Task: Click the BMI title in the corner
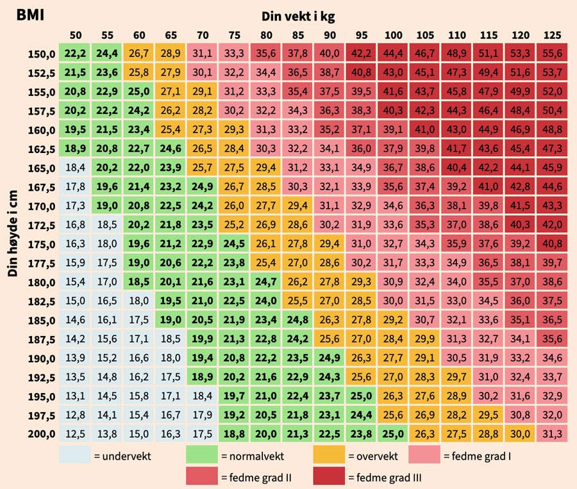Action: tap(30, 14)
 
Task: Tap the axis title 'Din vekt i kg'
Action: tap(298, 17)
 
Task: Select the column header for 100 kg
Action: tap(394, 35)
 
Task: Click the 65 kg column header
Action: tap(171, 35)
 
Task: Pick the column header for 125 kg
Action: tap(552, 35)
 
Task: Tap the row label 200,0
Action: tap(42, 434)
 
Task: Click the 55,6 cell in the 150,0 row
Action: tap(552, 54)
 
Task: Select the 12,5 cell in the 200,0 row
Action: tap(75, 433)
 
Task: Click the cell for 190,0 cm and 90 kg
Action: tap(329, 357)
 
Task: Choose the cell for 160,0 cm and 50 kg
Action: tap(75, 129)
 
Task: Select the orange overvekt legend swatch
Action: tap(329, 455)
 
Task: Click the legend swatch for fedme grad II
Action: tap(202, 476)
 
